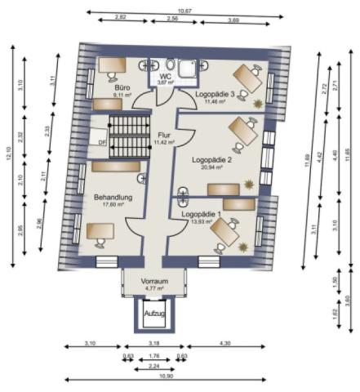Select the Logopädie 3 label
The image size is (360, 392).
point(215,94)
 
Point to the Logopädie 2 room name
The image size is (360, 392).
point(212,160)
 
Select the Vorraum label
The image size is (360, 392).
point(153,281)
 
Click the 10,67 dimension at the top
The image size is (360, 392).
point(184,11)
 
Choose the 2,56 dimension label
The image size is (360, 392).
point(172,18)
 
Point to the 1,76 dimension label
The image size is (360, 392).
point(153,356)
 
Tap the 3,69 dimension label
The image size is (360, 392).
point(233,18)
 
